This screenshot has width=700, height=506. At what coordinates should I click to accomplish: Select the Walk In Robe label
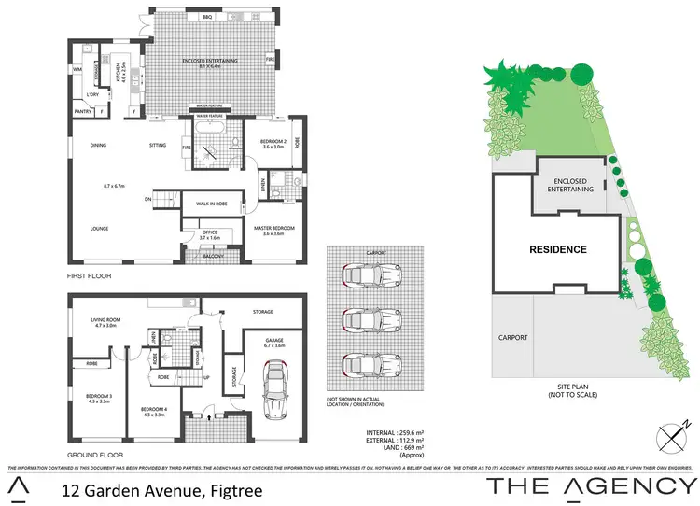point(214,203)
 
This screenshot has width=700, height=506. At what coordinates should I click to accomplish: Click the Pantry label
point(83,113)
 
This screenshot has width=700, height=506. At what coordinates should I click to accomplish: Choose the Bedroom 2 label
point(273,142)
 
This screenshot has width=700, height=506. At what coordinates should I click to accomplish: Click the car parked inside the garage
point(277,390)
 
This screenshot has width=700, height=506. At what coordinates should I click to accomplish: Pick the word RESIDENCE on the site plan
point(558,249)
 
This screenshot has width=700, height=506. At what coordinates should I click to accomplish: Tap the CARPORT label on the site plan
point(514,337)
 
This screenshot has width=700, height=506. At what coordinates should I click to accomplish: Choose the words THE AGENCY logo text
point(591,485)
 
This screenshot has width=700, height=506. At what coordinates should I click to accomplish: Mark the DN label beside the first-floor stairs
point(148,199)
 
